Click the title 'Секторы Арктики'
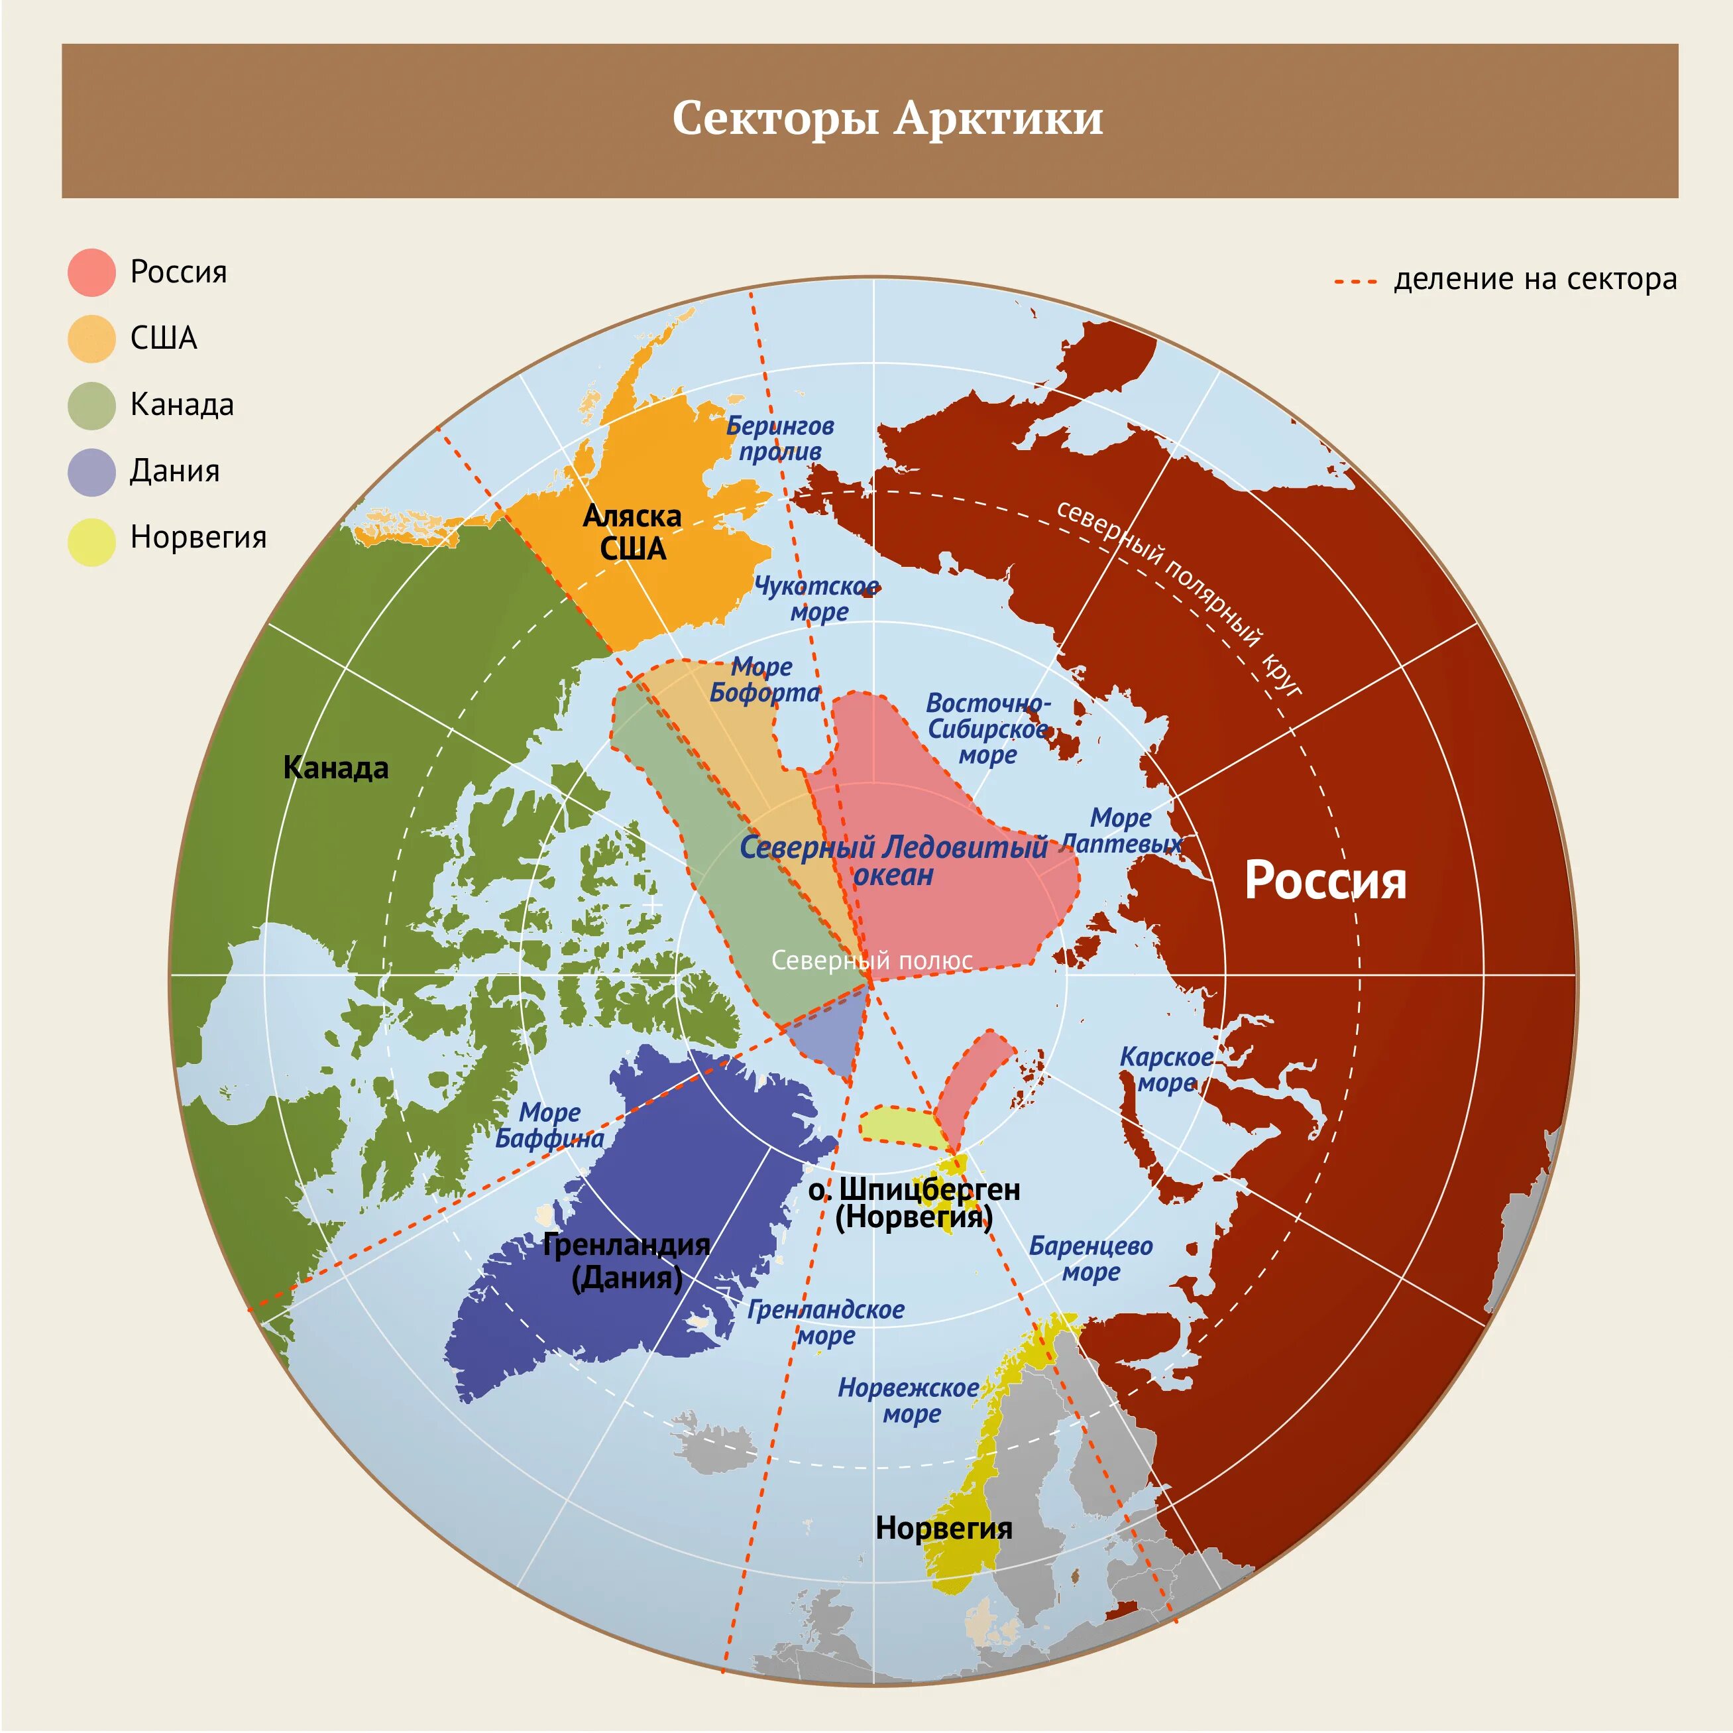pyautogui.click(x=887, y=117)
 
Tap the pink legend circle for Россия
pyautogui.click(x=91, y=272)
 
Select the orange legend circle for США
pyautogui.click(x=91, y=338)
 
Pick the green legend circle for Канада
pyautogui.click(x=91, y=405)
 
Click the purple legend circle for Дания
pyautogui.click(x=91, y=471)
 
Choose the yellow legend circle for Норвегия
pyautogui.click(x=91, y=541)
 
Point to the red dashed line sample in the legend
pyautogui.click(x=1355, y=281)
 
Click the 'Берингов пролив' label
pyautogui.click(x=779, y=438)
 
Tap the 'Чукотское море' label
pyautogui.click(x=817, y=599)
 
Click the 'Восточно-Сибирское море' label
pyautogui.click(x=987, y=728)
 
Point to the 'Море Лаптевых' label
pyautogui.click(x=1121, y=830)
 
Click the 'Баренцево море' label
pyautogui.click(x=1091, y=1258)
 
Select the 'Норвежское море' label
pyautogui.click(x=909, y=1400)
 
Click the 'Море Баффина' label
pyautogui.click(x=550, y=1126)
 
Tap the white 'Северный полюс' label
pyautogui.click(x=871, y=960)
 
